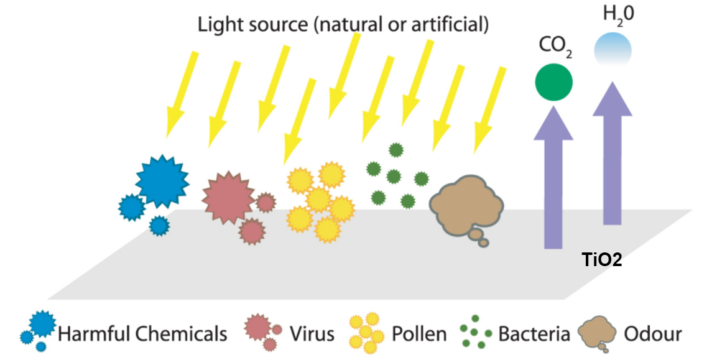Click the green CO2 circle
[x=553, y=81]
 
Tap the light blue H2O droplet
[x=613, y=49]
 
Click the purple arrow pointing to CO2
[x=553, y=180]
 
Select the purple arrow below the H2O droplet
[x=613, y=155]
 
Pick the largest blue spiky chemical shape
[x=161, y=181]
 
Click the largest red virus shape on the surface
[x=228, y=196]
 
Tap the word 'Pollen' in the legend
[x=418, y=334]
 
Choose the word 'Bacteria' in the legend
[x=534, y=334]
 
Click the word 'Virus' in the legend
[x=312, y=334]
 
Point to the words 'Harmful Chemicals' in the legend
[x=142, y=334]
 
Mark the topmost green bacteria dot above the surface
[x=395, y=150]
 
